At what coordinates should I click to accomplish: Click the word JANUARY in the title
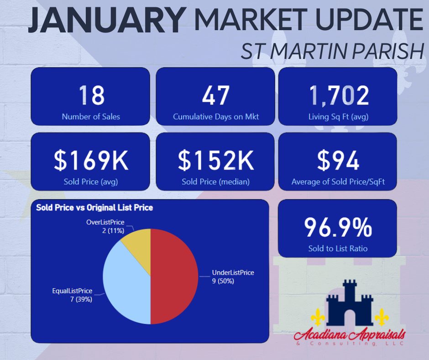coord(106,20)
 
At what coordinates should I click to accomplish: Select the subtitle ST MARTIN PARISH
coord(332,51)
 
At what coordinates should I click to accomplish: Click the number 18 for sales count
coord(91,95)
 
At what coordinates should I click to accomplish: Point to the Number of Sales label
coord(91,116)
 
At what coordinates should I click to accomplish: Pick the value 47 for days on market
coord(215,95)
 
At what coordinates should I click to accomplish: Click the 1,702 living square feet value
coord(339,95)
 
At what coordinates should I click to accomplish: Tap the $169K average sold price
coord(91,160)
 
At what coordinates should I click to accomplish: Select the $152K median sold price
coord(215,160)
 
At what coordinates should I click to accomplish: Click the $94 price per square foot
coord(338,160)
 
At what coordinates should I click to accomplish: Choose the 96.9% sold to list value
coord(338,227)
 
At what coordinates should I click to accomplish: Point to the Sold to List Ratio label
coord(338,249)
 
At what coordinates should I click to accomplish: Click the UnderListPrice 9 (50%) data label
coord(233,277)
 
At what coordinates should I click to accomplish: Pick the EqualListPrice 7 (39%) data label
coord(72,295)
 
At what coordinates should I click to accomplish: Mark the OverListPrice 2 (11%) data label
coord(105,226)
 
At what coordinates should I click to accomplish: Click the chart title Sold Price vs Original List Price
coord(94,208)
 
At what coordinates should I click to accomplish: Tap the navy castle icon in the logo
coord(350,304)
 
